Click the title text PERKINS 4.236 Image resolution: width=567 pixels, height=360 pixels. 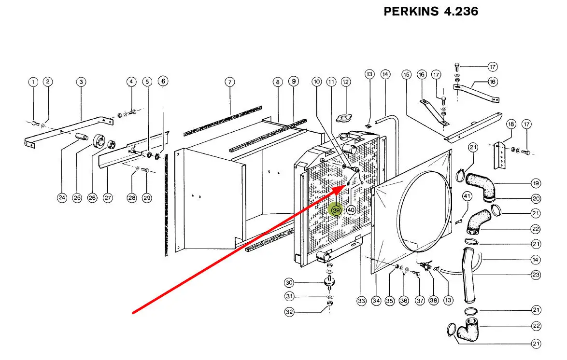(x=431, y=12)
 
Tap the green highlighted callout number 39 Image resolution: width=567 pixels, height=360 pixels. (x=336, y=210)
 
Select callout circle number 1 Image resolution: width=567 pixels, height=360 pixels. (x=33, y=82)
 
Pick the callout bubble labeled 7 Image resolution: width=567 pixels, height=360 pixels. (x=229, y=82)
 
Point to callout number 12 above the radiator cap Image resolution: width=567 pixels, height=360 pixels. (x=346, y=82)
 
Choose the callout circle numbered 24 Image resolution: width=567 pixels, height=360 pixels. (x=62, y=198)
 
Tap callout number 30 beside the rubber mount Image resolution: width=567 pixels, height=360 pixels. (x=289, y=283)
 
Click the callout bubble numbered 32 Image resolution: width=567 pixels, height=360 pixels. (x=289, y=312)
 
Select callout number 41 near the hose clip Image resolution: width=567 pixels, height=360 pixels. (x=467, y=196)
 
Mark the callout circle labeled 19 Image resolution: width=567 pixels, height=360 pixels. (x=536, y=183)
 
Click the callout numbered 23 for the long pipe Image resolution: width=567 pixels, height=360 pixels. (x=536, y=275)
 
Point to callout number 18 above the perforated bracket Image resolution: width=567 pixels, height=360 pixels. (x=510, y=125)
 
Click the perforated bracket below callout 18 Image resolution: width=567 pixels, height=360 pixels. (x=500, y=155)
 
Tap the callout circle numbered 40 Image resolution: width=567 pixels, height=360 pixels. (x=351, y=210)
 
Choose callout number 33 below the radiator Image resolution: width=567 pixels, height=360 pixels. (x=361, y=301)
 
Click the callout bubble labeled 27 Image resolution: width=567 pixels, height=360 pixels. (x=107, y=198)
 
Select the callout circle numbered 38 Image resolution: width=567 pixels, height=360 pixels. (x=433, y=300)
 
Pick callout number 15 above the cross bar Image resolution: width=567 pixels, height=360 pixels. (x=407, y=74)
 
